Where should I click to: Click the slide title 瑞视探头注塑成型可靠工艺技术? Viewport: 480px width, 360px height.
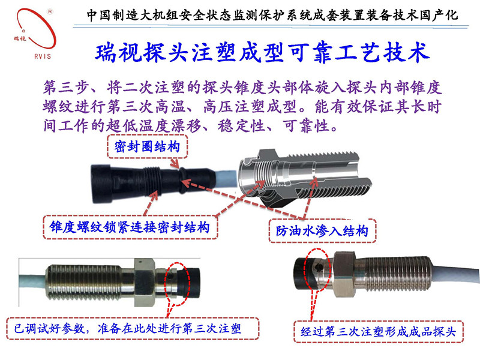(x=263, y=53)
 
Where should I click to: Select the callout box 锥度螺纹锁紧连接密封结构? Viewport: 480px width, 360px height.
(x=129, y=227)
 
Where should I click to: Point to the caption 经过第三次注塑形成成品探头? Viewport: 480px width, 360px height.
(x=379, y=329)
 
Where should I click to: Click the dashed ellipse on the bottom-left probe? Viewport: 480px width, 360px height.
(x=180, y=278)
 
